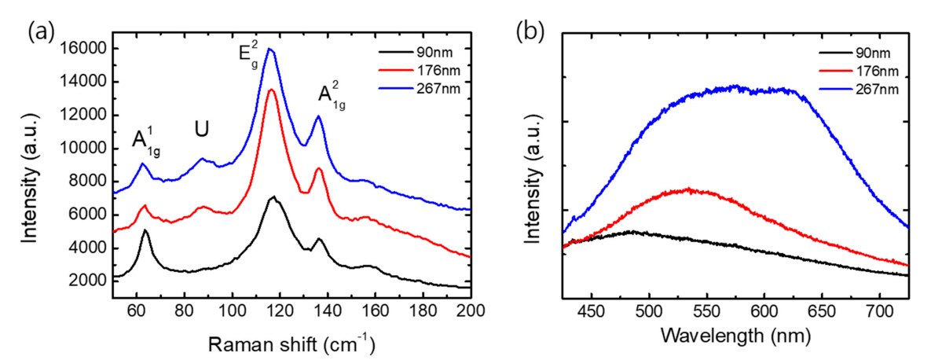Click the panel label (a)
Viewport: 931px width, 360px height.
[x=41, y=32]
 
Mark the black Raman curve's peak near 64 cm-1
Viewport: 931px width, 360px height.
[x=145, y=230]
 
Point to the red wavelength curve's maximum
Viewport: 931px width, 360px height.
[x=688, y=189]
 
